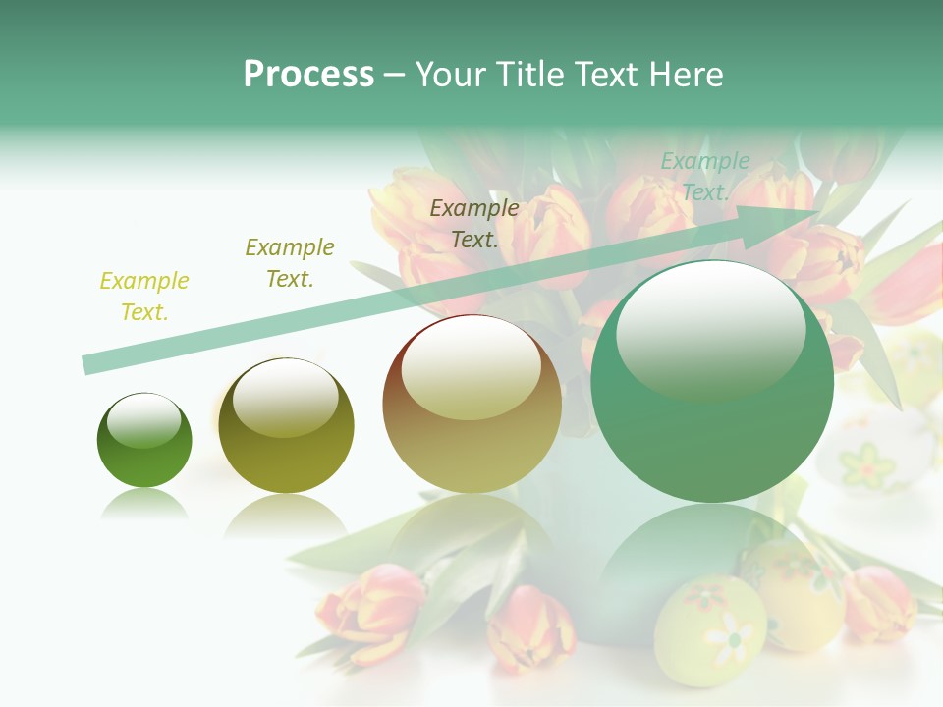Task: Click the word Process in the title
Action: (308, 75)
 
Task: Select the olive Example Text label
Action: (289, 263)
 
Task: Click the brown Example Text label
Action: (474, 224)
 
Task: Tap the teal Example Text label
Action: (704, 177)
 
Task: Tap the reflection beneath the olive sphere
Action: (285, 515)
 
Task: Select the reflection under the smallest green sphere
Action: (144, 504)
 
